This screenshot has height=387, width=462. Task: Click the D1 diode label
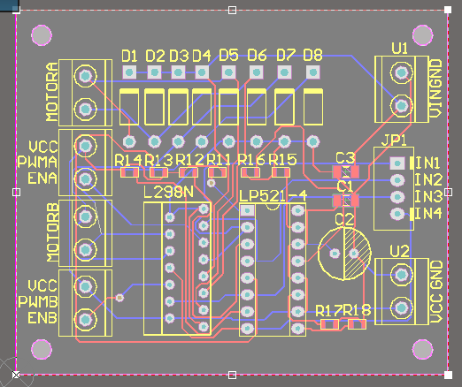point(129,56)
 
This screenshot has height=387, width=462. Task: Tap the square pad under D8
point(313,72)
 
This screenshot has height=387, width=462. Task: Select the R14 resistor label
point(128,160)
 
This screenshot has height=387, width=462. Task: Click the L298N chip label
point(168,193)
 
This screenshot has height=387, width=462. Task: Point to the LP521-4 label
point(273,195)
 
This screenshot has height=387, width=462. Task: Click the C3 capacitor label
point(345,158)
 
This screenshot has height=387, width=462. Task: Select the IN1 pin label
point(428,163)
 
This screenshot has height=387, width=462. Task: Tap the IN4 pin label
point(428,214)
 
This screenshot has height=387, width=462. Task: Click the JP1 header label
point(394,140)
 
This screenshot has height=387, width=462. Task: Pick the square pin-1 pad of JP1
point(397,163)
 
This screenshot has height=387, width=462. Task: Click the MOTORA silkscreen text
point(52,92)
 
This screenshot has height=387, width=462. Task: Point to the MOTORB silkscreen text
point(53,232)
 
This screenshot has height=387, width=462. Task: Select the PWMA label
point(37,162)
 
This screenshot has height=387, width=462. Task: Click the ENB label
point(42,318)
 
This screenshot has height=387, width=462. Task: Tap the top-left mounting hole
point(42,35)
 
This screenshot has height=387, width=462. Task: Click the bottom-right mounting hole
point(423,349)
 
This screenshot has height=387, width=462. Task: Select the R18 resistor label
point(357,310)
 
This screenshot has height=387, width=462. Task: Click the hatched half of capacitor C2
point(357,254)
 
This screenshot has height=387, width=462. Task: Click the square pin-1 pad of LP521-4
point(247,210)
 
